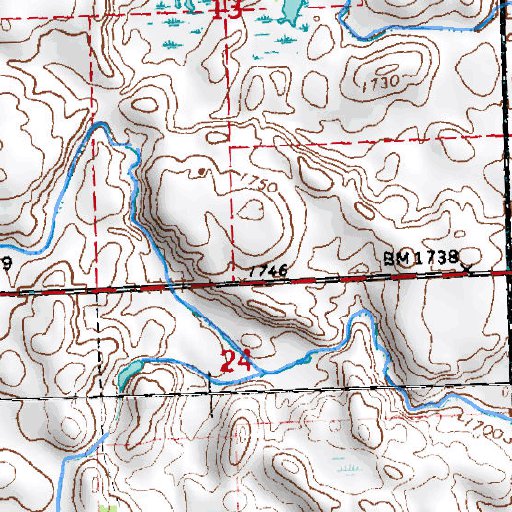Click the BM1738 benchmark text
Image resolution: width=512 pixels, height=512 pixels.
[421, 258]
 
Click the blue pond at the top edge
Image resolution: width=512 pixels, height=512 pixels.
[291, 11]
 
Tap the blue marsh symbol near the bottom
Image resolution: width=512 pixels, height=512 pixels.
[347, 467]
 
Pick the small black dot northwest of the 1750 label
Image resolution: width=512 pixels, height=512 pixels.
[204, 171]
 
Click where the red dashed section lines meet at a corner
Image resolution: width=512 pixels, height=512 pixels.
[232, 146]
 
